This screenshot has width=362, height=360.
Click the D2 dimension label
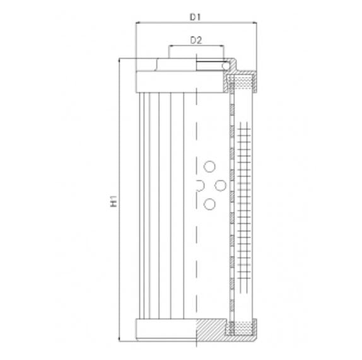[196, 40]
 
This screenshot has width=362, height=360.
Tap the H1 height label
[114, 201]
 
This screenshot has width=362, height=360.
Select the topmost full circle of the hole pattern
[209, 166]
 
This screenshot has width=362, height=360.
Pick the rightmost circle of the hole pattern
[221, 185]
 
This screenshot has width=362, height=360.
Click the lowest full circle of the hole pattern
[209, 203]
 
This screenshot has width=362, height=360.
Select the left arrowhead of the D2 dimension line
[170, 47]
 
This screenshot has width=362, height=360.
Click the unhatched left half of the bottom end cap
[166, 328]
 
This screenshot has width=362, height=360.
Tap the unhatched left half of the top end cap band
[166, 81]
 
